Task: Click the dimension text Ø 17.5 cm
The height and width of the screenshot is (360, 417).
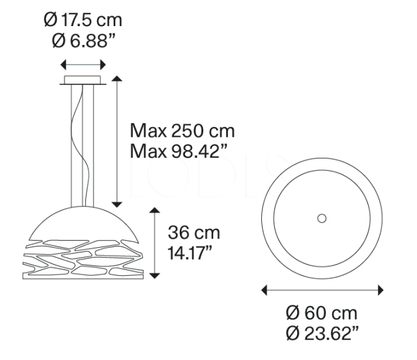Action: click(83, 20)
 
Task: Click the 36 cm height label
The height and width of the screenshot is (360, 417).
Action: click(194, 233)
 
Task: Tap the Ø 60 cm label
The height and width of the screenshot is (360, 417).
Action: click(323, 313)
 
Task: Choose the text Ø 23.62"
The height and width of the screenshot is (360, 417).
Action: click(323, 335)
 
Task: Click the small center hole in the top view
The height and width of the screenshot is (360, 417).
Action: click(321, 218)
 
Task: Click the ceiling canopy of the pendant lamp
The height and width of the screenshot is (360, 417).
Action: click(83, 81)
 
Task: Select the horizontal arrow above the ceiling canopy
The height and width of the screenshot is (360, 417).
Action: click(83, 65)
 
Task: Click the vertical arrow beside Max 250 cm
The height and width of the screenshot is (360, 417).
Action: click(117, 140)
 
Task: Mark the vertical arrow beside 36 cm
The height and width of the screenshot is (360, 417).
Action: click(154, 243)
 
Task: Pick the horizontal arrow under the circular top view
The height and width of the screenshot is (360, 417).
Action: click(322, 290)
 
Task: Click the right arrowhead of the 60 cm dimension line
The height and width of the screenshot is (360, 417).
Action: click(379, 290)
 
